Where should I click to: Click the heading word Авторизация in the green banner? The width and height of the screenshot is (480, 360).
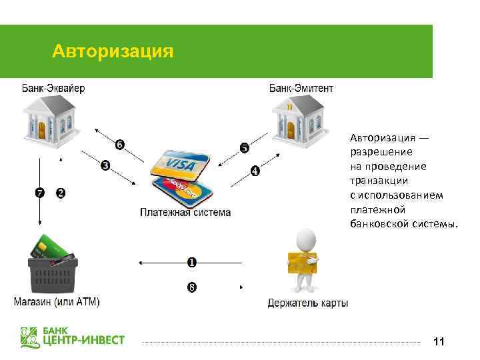pos(113,51)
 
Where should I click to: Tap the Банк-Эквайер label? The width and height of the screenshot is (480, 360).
pos(53,88)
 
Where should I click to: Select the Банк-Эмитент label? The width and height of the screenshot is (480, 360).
pos(301,88)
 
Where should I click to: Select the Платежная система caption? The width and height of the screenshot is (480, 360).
pos(185,213)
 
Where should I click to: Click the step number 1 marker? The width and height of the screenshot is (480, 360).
pos(191,263)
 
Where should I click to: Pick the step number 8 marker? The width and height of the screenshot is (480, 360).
pos(191,288)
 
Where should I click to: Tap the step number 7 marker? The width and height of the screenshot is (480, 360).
pos(39,193)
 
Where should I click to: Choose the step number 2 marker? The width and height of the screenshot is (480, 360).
pos(61,193)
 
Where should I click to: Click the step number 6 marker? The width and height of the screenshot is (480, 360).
pos(119,145)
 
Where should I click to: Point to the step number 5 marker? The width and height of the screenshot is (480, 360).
pos(244,147)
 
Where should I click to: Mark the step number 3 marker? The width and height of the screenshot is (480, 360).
pos(105,165)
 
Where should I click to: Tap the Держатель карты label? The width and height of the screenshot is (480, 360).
pos(308,303)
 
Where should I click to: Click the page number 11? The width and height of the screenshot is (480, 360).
pos(438,342)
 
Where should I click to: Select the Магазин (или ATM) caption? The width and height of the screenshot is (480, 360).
pos(57,303)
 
